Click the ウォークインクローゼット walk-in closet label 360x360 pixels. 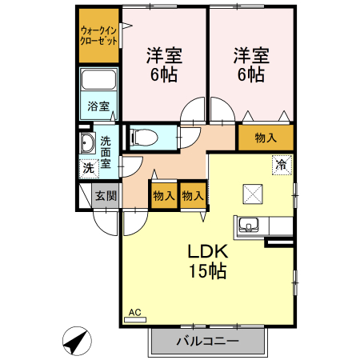tap(98, 35)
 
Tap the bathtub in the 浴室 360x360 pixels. tap(98, 82)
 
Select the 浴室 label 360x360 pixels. tap(98, 106)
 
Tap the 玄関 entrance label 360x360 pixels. tap(106, 195)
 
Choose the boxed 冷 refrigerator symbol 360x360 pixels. tap(281, 166)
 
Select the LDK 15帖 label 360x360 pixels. tap(207, 261)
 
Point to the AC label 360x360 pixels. tap(134, 312)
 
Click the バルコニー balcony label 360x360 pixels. tap(206, 342)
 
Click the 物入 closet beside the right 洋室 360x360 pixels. tap(266, 138)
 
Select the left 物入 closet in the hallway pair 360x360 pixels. tap(163, 195)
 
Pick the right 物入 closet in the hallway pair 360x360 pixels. tap(192, 195)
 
